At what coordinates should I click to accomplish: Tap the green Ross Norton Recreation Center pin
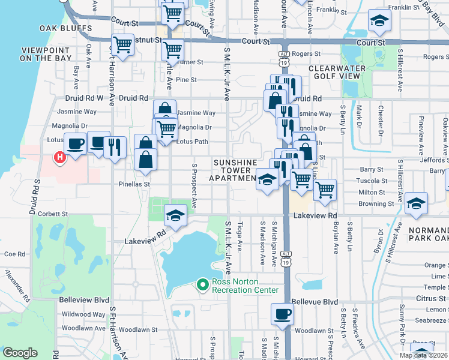coord(203,284)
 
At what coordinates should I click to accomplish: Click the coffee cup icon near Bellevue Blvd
coord(282,314)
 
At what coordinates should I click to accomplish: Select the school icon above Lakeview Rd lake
coord(175,216)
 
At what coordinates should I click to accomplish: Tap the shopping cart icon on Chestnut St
coord(122,44)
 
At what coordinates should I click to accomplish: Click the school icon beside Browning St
coord(416,203)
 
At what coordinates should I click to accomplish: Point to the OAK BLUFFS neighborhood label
coord(66,28)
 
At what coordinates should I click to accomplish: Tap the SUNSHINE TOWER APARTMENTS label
coord(233,170)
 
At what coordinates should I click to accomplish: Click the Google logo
coord(20,353)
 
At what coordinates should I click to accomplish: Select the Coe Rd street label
coord(14,254)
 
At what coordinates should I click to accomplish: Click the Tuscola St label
coord(373,181)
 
